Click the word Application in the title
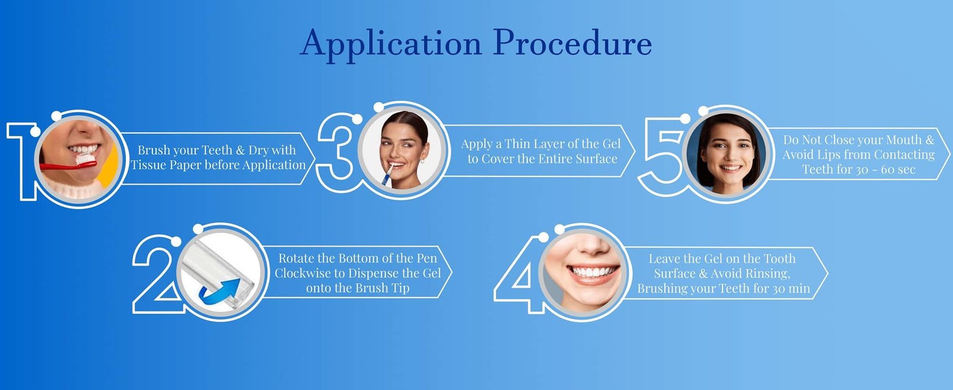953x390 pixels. (391, 43)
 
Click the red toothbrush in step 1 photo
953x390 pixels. (66, 163)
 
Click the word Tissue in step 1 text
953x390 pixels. (148, 165)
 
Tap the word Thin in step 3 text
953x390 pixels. (518, 144)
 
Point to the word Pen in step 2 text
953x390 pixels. (426, 258)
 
